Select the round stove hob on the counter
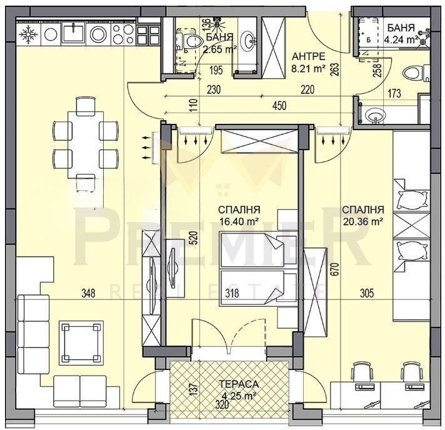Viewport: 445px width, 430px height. [x=97, y=34]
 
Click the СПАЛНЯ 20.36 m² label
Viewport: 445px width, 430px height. [x=362, y=215]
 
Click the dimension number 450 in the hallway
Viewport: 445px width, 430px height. [x=279, y=106]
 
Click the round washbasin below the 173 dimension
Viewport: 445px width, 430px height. [x=375, y=115]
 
